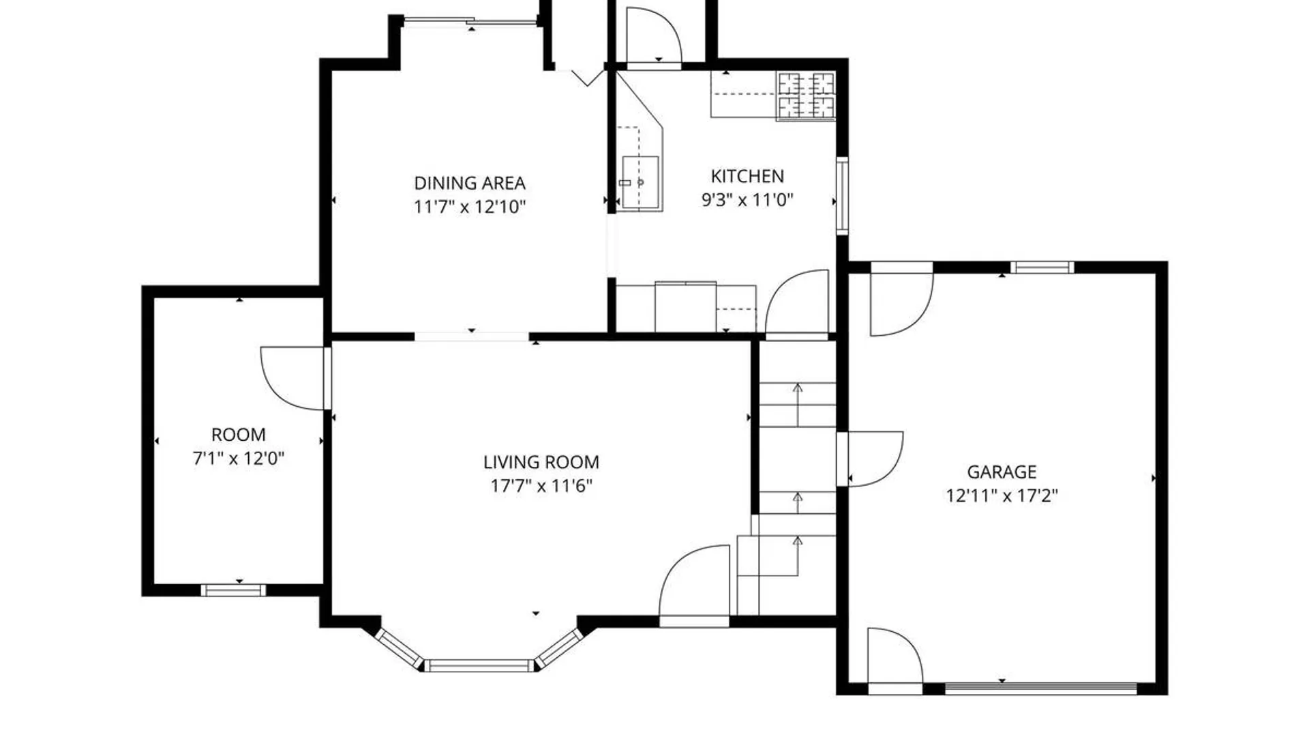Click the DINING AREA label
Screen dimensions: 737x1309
[469, 183]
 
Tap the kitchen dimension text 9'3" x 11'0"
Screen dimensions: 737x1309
[747, 200]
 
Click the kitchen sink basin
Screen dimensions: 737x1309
[640, 182]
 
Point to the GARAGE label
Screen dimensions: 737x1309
[1001, 472]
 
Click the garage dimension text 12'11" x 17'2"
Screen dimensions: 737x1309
[1001, 495]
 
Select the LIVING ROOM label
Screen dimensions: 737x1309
[541, 462]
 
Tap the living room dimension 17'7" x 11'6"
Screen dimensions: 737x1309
[541, 486]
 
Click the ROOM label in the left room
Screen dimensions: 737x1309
[238, 435]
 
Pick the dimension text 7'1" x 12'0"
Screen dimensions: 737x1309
[238, 458]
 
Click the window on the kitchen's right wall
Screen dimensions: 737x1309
[842, 196]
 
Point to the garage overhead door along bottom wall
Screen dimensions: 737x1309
[1040, 688]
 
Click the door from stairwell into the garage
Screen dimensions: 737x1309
[873, 458]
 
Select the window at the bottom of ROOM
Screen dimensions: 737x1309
[233, 590]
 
